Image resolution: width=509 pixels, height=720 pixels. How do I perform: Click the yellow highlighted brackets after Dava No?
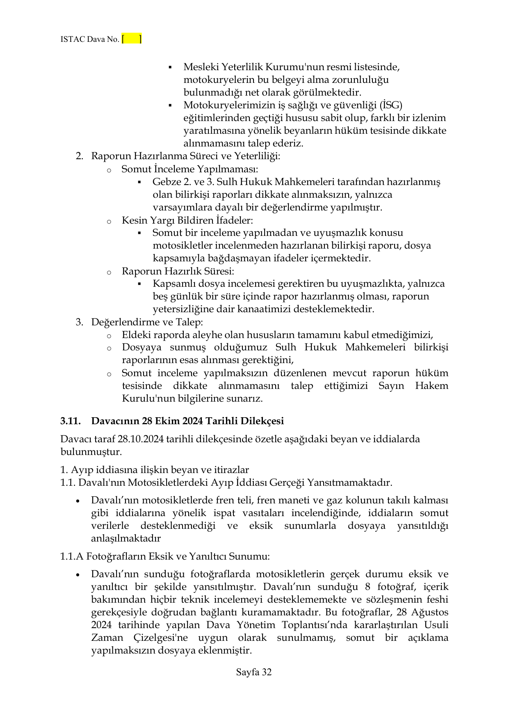(x=132, y=39)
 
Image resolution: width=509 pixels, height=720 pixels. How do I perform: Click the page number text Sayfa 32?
(x=254, y=672)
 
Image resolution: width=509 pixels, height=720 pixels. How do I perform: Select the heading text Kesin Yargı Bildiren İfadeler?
(x=187, y=220)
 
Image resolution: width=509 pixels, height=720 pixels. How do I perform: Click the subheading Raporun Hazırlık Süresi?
(x=178, y=271)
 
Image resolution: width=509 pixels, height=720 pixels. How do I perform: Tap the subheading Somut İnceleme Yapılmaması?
(x=189, y=169)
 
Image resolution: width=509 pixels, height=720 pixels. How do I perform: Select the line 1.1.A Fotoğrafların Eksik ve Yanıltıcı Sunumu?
(x=165, y=557)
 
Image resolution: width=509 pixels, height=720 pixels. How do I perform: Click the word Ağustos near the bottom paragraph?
(x=429, y=612)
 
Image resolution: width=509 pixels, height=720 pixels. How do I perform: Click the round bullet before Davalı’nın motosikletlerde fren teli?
(x=78, y=501)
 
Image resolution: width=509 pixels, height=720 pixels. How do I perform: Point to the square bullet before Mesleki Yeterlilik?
(x=170, y=67)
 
